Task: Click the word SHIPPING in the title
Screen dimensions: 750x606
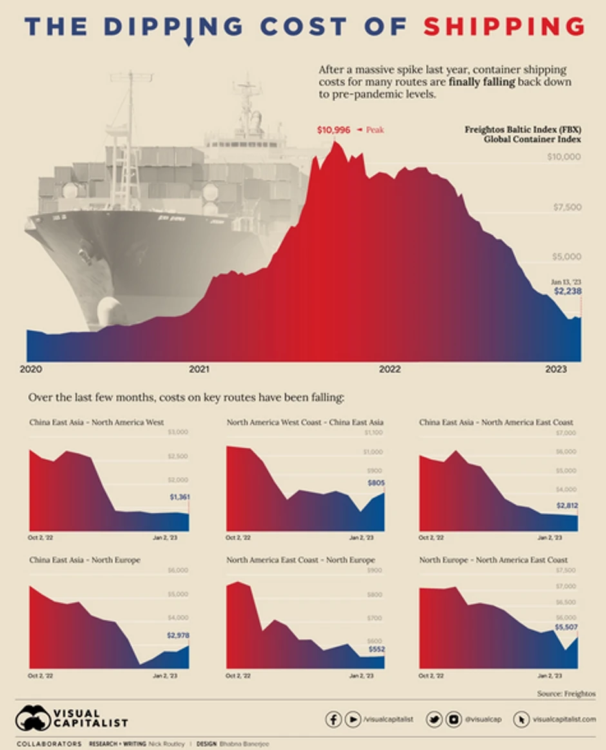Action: point(504,26)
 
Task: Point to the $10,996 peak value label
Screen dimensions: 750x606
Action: point(334,130)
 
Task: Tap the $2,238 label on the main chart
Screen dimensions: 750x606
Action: point(567,291)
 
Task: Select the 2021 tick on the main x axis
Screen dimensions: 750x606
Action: point(200,370)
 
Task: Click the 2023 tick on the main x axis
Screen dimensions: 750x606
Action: point(556,370)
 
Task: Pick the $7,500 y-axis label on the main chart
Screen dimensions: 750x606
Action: point(564,207)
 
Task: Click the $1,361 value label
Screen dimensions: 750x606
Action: point(181,497)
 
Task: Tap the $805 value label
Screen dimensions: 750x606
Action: point(376,482)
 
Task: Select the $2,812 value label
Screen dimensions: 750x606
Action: point(567,506)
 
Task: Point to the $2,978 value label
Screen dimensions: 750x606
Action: point(178,635)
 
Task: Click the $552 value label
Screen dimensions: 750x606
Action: point(376,649)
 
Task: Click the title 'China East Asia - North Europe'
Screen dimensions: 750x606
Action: point(84,560)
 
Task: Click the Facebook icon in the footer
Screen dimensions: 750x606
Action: point(333,719)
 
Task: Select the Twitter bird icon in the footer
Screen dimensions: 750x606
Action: point(434,719)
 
